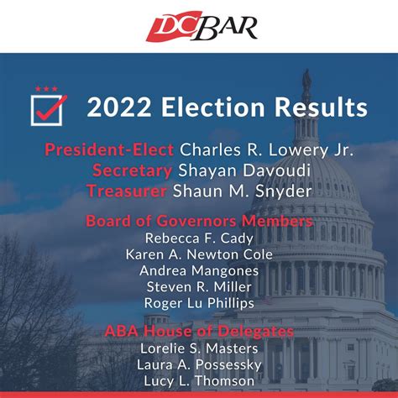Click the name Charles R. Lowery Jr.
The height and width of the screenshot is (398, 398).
(266, 150)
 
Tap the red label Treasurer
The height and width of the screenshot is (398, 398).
(128, 191)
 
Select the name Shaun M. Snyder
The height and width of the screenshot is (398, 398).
(244, 191)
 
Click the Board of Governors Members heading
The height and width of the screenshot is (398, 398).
(199, 222)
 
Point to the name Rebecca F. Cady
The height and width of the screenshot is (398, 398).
(199, 238)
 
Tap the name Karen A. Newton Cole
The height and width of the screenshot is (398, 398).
(199, 254)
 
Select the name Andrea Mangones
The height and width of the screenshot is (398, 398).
(199, 270)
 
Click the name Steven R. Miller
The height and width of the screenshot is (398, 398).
(199, 286)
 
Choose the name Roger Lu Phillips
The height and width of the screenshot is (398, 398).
(199, 302)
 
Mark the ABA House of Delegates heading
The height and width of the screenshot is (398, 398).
(199, 333)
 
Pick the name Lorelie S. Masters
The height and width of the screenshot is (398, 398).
(199, 349)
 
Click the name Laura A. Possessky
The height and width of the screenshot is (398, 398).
(199, 365)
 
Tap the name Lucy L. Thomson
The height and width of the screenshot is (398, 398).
(199, 381)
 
